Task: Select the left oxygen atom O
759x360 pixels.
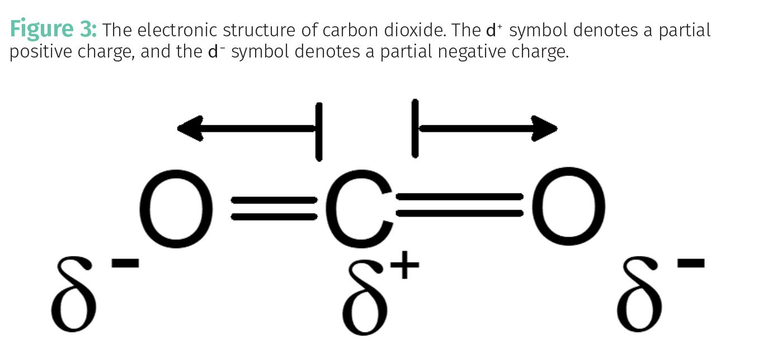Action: (176, 208)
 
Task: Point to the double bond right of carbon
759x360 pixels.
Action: (460, 205)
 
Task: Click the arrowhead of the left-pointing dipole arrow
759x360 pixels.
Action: (189, 128)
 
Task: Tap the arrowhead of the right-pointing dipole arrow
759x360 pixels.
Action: (544, 128)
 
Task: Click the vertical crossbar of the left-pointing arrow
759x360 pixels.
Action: (319, 131)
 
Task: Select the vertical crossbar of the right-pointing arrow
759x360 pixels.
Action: (414, 129)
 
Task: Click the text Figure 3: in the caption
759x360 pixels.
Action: (53, 29)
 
